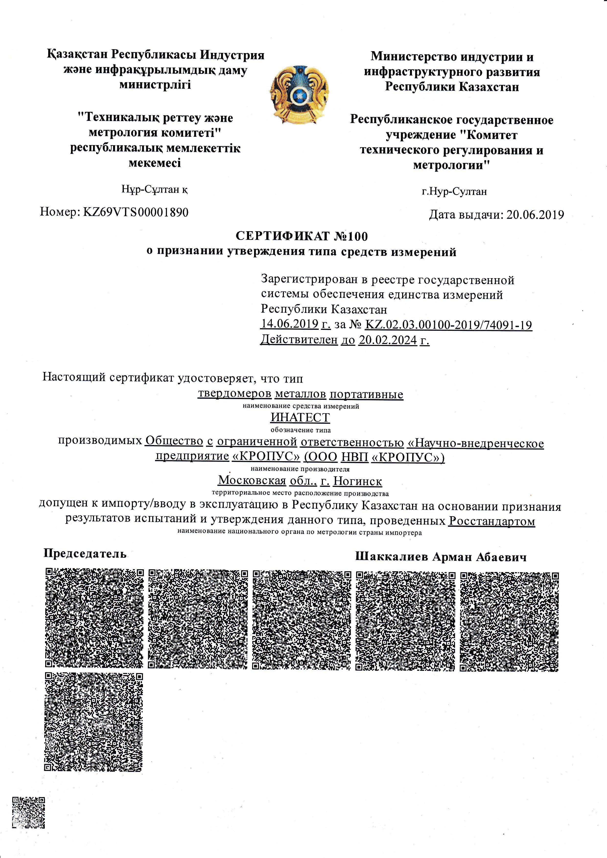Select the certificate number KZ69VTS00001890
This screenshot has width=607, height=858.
(x=136, y=212)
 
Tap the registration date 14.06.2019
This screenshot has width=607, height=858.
(x=289, y=324)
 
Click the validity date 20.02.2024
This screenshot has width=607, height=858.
(x=388, y=340)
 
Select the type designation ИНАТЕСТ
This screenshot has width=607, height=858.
(x=300, y=417)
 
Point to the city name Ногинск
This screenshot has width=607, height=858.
(x=358, y=481)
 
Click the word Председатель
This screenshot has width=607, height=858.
(x=85, y=553)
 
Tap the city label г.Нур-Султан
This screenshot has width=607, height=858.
(x=454, y=192)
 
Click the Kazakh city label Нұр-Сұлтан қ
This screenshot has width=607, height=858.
(x=155, y=189)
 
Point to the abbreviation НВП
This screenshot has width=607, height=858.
(x=355, y=457)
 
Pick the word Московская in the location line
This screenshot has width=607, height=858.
(x=252, y=480)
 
